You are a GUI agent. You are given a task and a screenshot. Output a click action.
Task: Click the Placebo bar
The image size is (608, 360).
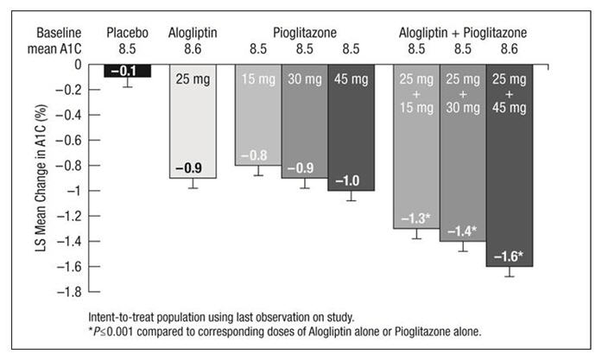pos(128,71)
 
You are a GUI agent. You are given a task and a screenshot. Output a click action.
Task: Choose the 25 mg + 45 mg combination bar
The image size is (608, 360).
pos(509,173)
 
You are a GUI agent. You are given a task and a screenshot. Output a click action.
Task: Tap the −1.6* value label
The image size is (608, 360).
pos(509,256)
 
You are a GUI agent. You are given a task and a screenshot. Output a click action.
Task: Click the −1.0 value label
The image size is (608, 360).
pos(350,180)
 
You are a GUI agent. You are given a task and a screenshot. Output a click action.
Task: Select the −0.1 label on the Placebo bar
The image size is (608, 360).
pos(127,71)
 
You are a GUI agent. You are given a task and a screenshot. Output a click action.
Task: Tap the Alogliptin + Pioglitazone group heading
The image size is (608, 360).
pos(462,33)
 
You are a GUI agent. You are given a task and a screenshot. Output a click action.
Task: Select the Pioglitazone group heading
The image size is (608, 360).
pos(303,33)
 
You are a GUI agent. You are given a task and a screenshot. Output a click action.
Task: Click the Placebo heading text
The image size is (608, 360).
pos(128,33)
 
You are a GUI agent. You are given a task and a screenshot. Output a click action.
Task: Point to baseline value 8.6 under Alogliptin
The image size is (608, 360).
pos(192,47)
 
